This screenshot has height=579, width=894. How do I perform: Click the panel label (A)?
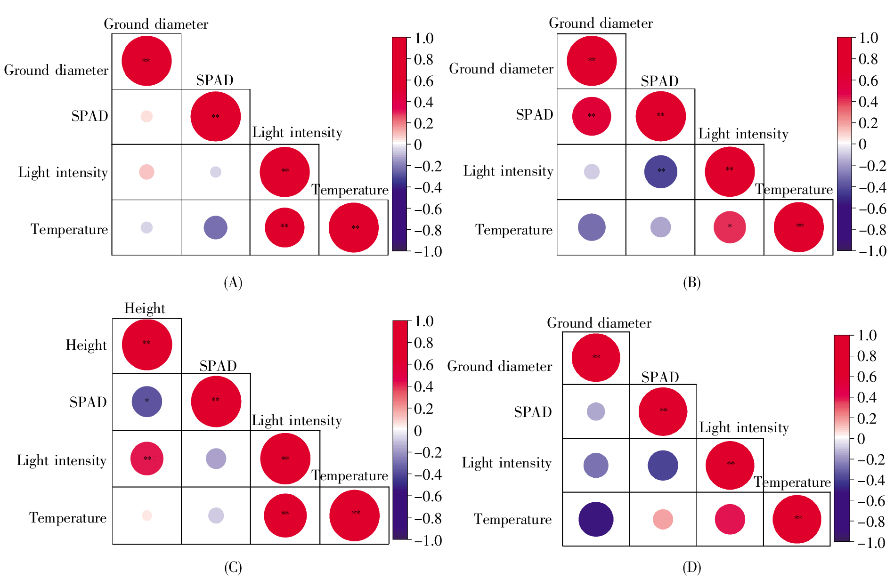[233, 282]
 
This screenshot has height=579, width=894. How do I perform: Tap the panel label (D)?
[691, 568]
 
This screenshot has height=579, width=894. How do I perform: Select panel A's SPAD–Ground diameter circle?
[146, 116]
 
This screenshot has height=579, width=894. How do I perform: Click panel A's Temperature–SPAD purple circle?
[215, 228]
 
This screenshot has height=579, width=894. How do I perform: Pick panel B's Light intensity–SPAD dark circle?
[660, 172]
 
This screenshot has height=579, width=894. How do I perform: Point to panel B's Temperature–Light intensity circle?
[730, 227]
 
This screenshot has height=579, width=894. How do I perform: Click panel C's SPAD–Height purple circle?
[147, 402]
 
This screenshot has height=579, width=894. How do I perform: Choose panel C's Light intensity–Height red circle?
[147, 458]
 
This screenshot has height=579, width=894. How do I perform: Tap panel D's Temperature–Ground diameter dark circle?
[596, 519]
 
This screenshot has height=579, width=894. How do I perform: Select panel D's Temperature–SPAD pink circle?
[663, 519]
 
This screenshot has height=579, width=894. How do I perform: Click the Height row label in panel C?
[86, 346]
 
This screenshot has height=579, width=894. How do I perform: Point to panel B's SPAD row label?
[534, 115]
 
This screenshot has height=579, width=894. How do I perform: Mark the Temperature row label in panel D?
[512, 520]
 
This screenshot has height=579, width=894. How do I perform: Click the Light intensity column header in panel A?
[297, 133]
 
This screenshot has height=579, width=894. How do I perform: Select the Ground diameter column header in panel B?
[601, 24]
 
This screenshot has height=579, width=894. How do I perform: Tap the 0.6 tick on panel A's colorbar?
[423, 81]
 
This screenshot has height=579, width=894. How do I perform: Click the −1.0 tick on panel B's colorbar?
[869, 251]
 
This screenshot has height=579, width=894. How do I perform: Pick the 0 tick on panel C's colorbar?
[418, 431]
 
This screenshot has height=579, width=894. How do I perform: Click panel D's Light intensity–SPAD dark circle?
[663, 466]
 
